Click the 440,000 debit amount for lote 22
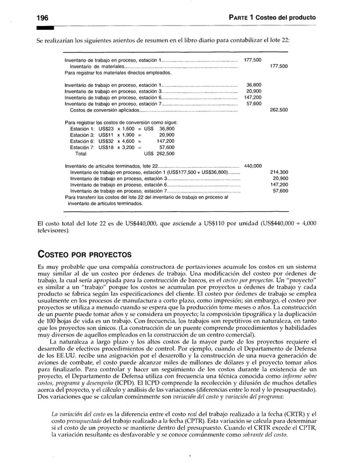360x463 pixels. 252,165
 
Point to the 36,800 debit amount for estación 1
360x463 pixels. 253,85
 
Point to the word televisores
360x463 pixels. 52,231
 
